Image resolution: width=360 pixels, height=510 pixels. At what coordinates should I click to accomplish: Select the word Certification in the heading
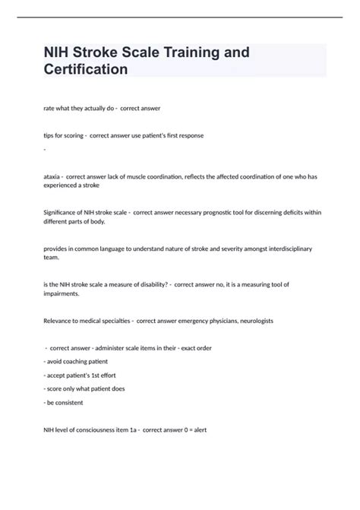tap(85, 69)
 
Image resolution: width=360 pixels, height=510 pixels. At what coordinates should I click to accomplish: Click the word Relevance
tap(61, 320)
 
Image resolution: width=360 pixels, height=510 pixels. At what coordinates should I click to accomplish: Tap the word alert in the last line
tap(199, 429)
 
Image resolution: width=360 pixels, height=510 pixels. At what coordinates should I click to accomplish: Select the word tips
tap(49, 135)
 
